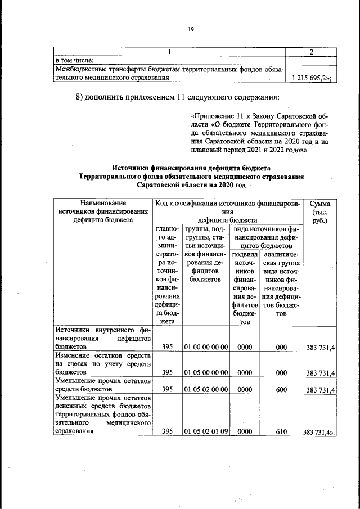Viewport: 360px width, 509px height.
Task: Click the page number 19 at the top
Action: [x=191, y=30]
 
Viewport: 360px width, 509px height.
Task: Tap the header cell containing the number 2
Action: [x=311, y=52]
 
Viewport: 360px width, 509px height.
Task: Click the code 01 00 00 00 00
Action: [x=205, y=348]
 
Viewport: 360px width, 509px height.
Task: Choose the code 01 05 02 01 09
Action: [x=205, y=431]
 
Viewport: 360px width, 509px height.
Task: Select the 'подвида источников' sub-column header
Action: [x=244, y=288]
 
